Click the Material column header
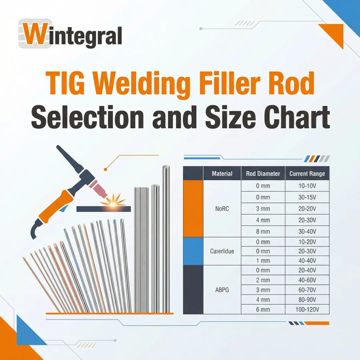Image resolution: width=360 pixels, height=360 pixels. point(222,174)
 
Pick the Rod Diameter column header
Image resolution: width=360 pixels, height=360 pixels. point(263,174)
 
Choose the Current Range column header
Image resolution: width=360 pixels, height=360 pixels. point(307,174)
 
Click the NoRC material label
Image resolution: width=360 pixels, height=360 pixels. point(222,209)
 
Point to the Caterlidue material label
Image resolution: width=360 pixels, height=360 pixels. point(222,251)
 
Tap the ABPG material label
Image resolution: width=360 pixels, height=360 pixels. point(222,290)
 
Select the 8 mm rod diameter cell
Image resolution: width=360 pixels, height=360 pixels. point(263,232)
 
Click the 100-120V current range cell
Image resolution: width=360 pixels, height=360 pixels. point(307,310)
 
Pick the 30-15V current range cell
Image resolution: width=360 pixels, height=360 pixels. point(307,197)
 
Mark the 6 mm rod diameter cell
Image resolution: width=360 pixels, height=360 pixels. point(263,310)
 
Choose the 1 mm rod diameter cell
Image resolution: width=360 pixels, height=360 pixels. point(263,261)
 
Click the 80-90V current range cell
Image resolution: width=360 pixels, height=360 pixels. point(307,300)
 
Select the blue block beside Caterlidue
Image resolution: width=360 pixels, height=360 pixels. point(193,251)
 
